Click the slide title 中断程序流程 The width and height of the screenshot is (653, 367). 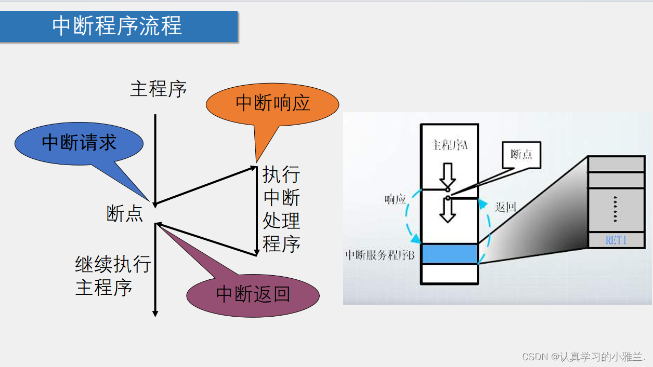pyautogui.click(x=117, y=26)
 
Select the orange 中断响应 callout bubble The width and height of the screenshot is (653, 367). pyautogui.click(x=272, y=103)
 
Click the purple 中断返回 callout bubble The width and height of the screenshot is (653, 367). pyautogui.click(x=253, y=294)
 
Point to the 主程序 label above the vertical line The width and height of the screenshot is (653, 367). pyautogui.click(x=158, y=89)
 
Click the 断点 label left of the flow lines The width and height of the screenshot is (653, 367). pyautogui.click(x=125, y=213)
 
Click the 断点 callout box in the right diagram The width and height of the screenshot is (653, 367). pyautogui.click(x=521, y=154)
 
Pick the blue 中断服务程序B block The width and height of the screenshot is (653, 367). pyautogui.click(x=449, y=254)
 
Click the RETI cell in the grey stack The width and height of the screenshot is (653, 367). pyautogui.click(x=616, y=240)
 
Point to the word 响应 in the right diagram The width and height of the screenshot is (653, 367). pyautogui.click(x=395, y=200)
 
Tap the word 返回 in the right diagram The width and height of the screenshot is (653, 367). pyautogui.click(x=505, y=207)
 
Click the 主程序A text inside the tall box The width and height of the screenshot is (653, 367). pyautogui.click(x=450, y=145)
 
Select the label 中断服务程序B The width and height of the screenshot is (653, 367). pyautogui.click(x=380, y=255)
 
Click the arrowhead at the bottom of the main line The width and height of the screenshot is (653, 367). pyautogui.click(x=155, y=313)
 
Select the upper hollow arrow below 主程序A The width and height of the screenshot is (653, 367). pyautogui.click(x=447, y=175)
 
